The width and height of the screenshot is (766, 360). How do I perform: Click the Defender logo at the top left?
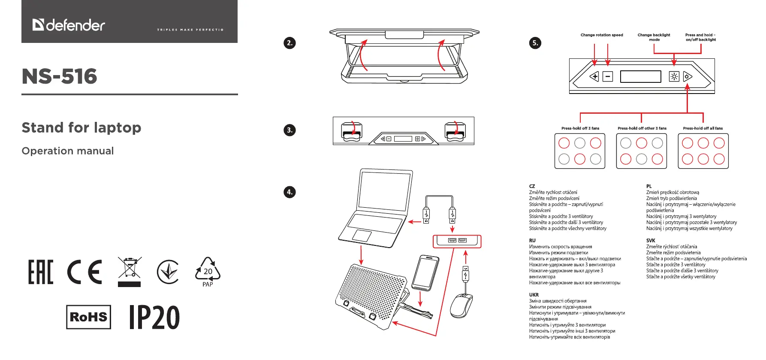coord(69,25)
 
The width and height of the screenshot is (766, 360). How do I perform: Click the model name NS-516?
coord(60,76)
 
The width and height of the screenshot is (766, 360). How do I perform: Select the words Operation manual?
coord(68,151)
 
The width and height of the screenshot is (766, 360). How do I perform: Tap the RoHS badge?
coord(88,317)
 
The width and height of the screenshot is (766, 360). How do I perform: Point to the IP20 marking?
coord(154,318)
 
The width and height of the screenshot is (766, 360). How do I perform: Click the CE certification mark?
coord(84,272)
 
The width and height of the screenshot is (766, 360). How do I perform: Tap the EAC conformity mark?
coord(41,272)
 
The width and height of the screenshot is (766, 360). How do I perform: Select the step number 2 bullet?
coord(290,43)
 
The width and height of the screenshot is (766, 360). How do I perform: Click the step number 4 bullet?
coord(290,192)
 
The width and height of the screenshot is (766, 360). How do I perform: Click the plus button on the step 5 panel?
coord(594,77)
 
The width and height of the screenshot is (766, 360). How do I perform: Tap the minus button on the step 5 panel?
coord(608,77)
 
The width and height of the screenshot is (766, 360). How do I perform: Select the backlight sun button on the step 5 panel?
coord(674,77)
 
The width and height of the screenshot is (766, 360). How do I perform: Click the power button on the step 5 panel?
coord(687,77)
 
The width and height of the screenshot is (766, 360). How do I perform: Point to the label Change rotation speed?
coord(602,35)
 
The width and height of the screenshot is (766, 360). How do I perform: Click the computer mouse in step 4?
coord(461,305)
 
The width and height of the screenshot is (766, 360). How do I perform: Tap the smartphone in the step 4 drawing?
coord(425,273)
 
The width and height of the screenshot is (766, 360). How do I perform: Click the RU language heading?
coord(532,241)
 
